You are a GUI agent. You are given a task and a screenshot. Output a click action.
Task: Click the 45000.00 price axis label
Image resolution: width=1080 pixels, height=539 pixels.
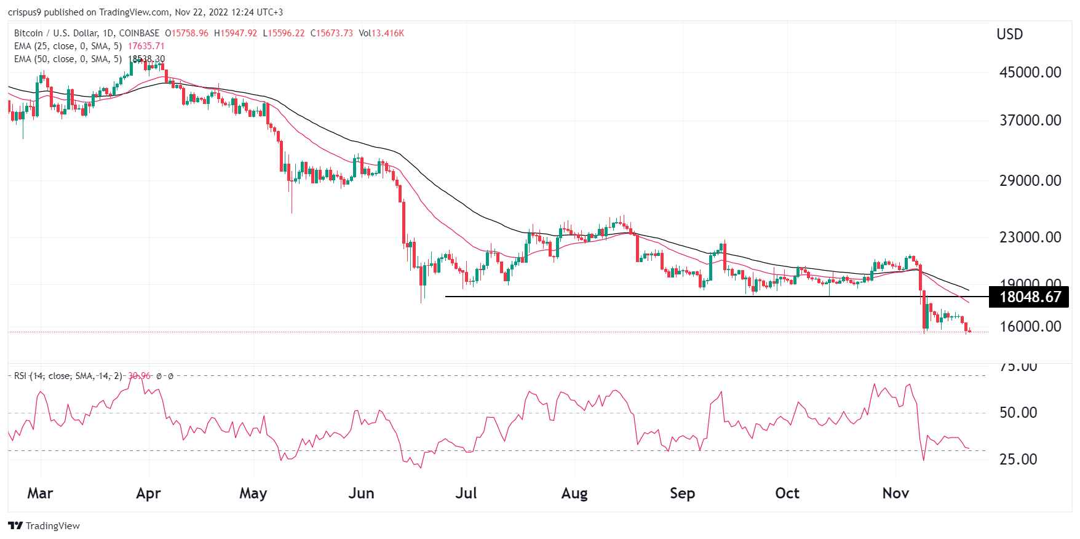(1030, 72)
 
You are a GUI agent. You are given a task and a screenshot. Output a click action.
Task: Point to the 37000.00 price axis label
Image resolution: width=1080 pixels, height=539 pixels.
(1030, 120)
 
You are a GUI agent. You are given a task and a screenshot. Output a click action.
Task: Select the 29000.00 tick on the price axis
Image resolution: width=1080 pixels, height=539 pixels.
(1030, 180)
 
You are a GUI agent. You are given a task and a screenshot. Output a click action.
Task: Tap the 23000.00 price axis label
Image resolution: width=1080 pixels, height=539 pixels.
(1030, 237)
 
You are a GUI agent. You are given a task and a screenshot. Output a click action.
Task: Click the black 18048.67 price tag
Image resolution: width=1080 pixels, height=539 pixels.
(1030, 297)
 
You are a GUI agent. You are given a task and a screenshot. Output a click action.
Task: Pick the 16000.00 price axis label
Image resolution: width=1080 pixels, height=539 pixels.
(1030, 326)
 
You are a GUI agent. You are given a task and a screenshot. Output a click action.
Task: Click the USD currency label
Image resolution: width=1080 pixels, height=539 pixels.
(1009, 34)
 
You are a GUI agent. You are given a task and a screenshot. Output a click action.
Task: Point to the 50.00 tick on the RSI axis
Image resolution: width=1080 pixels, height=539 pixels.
(1018, 412)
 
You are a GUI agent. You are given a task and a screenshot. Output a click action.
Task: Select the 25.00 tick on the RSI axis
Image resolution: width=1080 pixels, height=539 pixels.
(1018, 459)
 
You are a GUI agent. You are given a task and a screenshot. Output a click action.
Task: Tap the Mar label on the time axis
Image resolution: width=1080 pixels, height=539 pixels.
(40, 493)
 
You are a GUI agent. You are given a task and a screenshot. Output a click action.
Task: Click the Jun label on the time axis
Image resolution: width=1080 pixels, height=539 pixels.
(361, 493)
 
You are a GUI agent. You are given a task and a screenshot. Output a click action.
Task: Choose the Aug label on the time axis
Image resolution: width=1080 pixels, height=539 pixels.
(574, 493)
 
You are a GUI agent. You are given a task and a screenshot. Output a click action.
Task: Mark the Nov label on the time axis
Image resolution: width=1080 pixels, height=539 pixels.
(895, 493)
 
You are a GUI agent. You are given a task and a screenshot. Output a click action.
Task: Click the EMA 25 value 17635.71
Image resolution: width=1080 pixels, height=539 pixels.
(146, 46)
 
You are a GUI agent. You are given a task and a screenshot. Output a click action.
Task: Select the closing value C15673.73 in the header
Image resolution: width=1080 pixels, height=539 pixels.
(332, 33)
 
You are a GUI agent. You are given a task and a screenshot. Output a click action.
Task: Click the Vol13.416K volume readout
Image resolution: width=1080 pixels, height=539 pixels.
(381, 33)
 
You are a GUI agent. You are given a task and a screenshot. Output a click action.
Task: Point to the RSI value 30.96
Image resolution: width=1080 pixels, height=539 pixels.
(139, 376)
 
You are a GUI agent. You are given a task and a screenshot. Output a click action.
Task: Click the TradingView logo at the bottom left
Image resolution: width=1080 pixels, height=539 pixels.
(44, 525)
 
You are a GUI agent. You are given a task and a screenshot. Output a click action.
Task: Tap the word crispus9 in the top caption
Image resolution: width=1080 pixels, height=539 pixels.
(24, 12)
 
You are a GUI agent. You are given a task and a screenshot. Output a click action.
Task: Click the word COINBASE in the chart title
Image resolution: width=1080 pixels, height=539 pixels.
(139, 33)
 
